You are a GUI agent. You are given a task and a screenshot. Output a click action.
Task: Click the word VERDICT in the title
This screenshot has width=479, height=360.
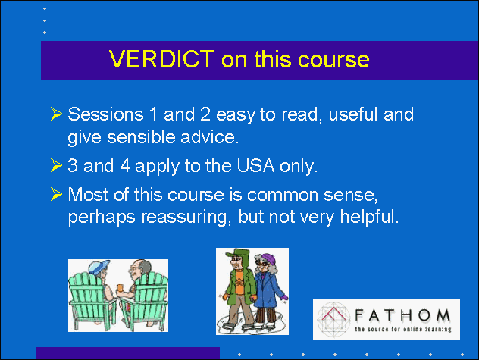coord(162,58)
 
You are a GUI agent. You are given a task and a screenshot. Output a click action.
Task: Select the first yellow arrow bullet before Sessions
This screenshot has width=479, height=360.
coord(56,114)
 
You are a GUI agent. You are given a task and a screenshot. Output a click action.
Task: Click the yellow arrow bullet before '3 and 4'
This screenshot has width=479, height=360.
coord(56,165)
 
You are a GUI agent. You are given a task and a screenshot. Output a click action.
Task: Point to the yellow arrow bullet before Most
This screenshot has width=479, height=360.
coord(56,194)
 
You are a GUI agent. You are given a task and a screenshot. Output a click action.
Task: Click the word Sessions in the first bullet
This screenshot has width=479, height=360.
coord(105,114)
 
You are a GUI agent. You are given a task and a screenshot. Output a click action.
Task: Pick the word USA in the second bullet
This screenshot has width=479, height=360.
coord(255,166)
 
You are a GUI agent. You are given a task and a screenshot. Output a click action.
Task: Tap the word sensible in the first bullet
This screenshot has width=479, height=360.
coord(141,137)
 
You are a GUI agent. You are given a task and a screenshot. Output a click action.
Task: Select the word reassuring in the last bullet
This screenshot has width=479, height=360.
coord(184,218)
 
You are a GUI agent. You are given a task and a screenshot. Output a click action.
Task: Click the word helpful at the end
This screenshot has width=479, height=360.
coord(370,217)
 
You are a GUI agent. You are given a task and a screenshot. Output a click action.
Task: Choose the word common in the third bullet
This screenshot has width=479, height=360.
coord(283,195)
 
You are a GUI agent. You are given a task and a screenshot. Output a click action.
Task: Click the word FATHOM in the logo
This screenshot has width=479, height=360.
coord(402,315)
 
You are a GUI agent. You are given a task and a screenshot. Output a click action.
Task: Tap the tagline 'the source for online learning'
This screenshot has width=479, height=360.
coord(403,329)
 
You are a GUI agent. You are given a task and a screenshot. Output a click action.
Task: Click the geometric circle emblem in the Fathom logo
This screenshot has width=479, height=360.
coord(333,319)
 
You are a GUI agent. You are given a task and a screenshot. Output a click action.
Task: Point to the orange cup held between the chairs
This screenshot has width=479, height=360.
coord(120,288)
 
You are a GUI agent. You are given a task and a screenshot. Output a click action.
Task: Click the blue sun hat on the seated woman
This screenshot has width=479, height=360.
coord(99,267)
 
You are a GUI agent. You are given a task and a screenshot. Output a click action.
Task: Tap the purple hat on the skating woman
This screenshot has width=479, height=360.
coord(268,259)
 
